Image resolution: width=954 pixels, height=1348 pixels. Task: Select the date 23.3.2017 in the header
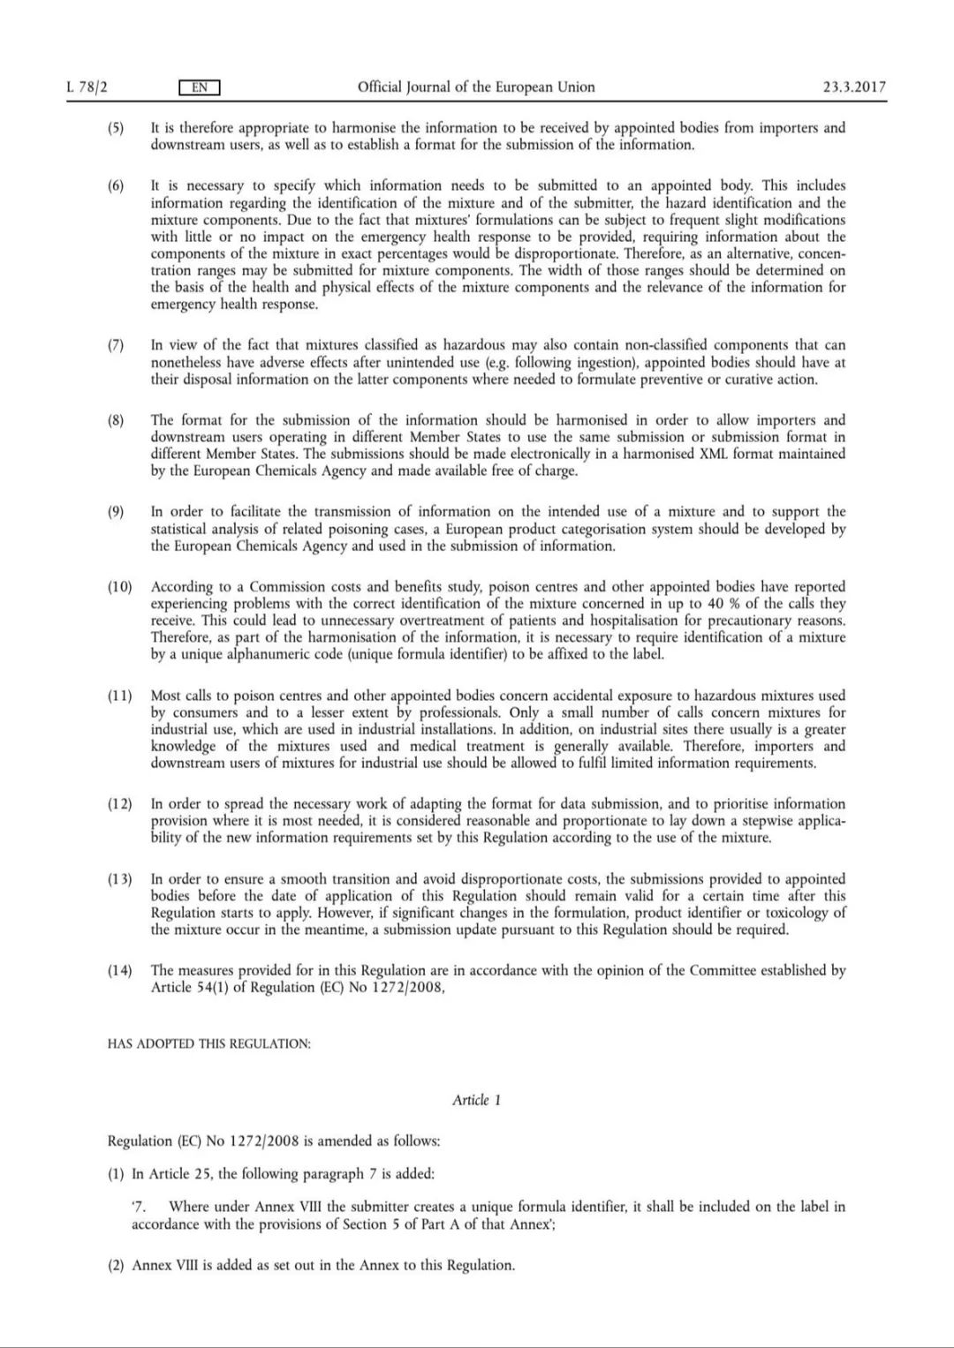(x=854, y=87)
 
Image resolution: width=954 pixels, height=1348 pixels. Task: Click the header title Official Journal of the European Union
(x=476, y=87)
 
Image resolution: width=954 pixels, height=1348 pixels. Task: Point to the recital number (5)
(x=117, y=128)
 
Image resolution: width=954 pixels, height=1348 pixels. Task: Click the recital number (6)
(x=117, y=186)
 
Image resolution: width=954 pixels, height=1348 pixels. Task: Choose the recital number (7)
(x=117, y=345)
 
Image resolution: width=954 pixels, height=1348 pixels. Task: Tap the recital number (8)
(x=117, y=420)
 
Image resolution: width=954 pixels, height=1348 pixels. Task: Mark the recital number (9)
(x=117, y=512)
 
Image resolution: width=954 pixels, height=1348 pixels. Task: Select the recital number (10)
(x=119, y=587)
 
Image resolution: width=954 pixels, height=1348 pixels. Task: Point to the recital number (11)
(x=119, y=696)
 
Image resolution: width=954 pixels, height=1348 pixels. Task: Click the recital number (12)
(x=119, y=804)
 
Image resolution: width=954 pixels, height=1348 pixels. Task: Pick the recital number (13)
(x=119, y=879)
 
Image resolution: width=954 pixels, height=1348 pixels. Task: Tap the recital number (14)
(x=119, y=971)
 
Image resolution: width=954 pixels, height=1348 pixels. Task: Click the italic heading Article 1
(x=476, y=1100)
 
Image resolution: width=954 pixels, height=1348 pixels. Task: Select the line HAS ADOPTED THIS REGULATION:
(x=208, y=1043)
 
